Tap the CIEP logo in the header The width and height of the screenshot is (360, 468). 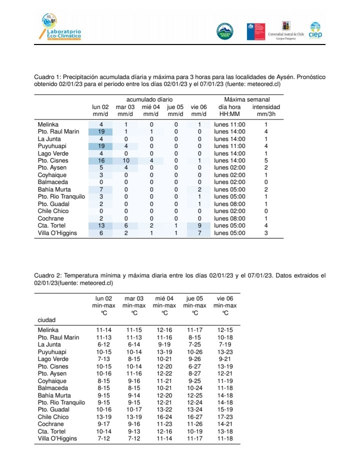[x=315, y=30]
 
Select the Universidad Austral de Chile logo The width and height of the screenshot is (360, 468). [x=285, y=30]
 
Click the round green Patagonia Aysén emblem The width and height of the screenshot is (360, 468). [x=224, y=31]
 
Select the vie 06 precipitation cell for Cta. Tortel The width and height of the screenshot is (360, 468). [x=199, y=225]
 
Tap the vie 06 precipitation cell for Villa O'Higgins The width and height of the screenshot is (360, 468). [x=199, y=233]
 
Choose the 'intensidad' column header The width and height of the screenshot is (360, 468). [x=266, y=107]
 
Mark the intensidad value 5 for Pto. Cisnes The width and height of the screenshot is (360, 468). [x=266, y=160]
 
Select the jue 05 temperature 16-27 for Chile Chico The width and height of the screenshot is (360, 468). [x=194, y=417]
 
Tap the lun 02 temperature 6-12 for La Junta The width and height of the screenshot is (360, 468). [x=103, y=344]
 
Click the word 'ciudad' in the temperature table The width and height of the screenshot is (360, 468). [x=46, y=319]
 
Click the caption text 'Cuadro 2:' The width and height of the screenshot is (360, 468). [x=48, y=275]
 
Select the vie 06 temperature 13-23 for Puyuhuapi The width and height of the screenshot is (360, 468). [x=225, y=352]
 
